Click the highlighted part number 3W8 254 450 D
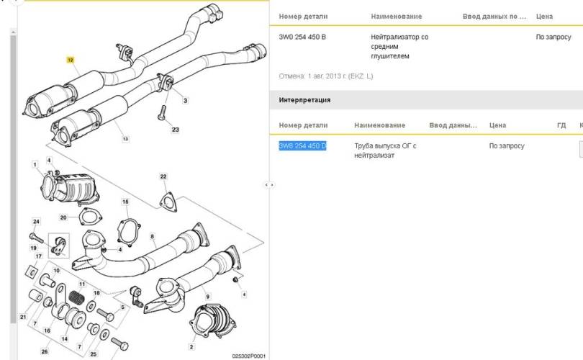pyautogui.click(x=302, y=146)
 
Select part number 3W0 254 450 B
pyautogui.click(x=302, y=37)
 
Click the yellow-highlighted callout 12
pyautogui.click(x=71, y=60)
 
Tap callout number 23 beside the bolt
pyautogui.click(x=175, y=130)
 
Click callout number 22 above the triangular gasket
pyautogui.click(x=163, y=176)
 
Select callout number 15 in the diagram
pyautogui.click(x=125, y=202)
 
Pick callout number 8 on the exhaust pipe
pyautogui.click(x=152, y=235)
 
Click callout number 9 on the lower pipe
pyautogui.click(x=208, y=296)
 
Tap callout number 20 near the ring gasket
pyautogui.click(x=63, y=217)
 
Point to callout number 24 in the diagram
pyautogui.click(x=36, y=221)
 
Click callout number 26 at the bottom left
pyautogui.click(x=44, y=352)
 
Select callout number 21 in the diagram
pyautogui.click(x=22, y=318)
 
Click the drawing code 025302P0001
pyautogui.click(x=249, y=356)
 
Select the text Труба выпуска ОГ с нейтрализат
pyautogui.click(x=385, y=150)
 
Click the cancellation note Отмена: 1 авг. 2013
pyautogui.click(x=325, y=76)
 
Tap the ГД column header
pyautogui.click(x=561, y=125)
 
